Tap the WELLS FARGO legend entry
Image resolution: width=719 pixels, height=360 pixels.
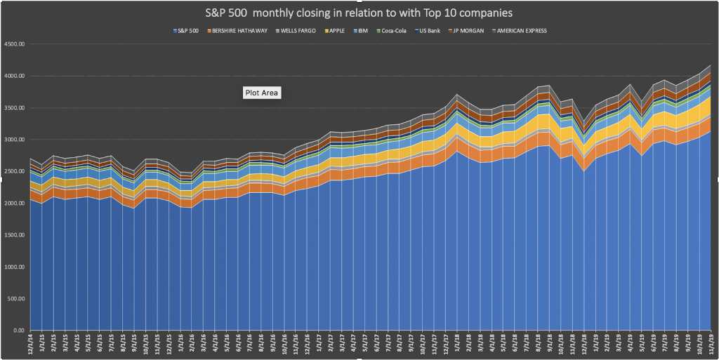pos(299,31)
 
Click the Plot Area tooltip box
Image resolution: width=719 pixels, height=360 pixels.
pos(261,93)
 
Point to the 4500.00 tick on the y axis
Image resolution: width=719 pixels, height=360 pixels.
pos(14,44)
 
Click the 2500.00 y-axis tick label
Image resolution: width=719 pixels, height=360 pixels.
pos(14,171)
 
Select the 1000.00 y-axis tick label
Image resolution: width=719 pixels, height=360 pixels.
pos(14,267)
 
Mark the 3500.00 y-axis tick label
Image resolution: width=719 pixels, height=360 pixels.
pos(14,107)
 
